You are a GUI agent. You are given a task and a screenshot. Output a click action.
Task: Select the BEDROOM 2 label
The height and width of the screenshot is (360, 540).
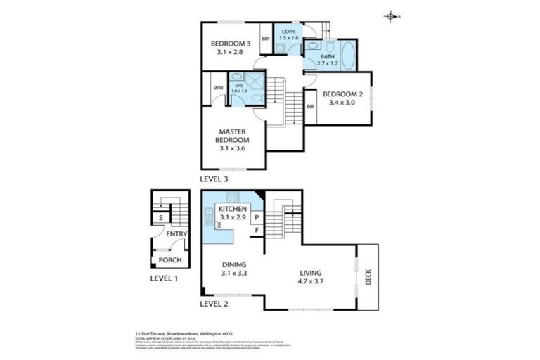pyautogui.click(x=342, y=98)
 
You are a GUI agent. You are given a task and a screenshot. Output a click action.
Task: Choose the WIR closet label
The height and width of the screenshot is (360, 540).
pyautogui.click(x=217, y=89)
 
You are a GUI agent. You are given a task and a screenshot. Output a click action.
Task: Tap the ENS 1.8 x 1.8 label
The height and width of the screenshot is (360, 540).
pyautogui.click(x=240, y=89)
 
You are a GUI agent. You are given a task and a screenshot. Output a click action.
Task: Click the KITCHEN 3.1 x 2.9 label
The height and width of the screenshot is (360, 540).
pyautogui.click(x=232, y=214)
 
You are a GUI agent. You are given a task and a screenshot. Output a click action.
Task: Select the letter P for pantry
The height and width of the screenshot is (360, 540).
pyautogui.click(x=257, y=218)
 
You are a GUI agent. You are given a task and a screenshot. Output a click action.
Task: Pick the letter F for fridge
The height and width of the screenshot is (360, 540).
pyautogui.click(x=257, y=230)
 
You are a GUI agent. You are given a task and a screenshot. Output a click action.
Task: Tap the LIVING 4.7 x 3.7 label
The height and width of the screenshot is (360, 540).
pyautogui.click(x=310, y=276)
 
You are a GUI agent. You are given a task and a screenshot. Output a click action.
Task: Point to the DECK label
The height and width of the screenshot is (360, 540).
pyautogui.click(x=368, y=278)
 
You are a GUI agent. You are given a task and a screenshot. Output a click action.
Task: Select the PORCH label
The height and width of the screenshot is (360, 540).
pyautogui.click(x=169, y=260)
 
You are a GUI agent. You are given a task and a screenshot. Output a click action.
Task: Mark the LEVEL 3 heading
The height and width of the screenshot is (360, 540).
pyautogui.click(x=215, y=179)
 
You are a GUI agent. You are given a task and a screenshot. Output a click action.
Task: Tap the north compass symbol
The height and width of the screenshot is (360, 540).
pyautogui.click(x=391, y=15)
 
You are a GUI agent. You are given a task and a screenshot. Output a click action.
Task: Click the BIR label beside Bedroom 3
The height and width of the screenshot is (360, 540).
pyautogui.click(x=266, y=39)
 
